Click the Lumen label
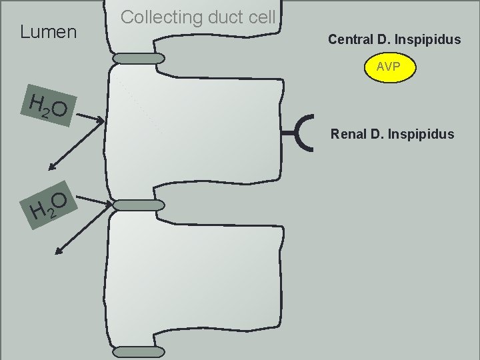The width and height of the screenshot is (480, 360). tap(49, 31)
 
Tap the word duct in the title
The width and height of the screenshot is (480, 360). tap(223, 17)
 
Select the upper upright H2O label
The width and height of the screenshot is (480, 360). tap(49, 107)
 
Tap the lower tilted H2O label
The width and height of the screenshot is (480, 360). tap(49, 206)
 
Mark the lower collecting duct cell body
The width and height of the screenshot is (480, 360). tap(193, 280)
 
